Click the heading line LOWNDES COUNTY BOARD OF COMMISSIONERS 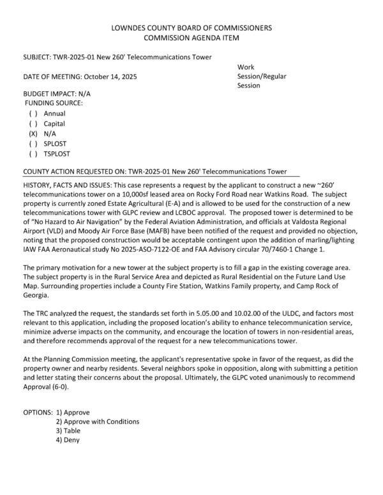[x=191, y=28]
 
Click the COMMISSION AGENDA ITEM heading [x=191, y=38]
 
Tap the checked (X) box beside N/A [x=33, y=134]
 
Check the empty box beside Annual [x=33, y=114]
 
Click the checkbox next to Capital [x=33, y=124]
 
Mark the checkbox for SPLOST [x=33, y=144]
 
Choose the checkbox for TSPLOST [x=33, y=154]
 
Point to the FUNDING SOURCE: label [x=54, y=103]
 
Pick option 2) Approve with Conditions [x=97, y=422]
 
